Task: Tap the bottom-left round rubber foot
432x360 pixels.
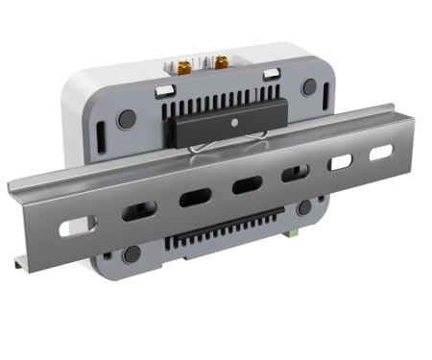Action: (x=132, y=254)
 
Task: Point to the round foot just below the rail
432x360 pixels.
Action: (x=303, y=207)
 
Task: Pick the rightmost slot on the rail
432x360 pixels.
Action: (x=382, y=152)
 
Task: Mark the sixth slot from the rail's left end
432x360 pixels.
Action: (x=339, y=162)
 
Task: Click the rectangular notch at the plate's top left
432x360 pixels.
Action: (x=163, y=90)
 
